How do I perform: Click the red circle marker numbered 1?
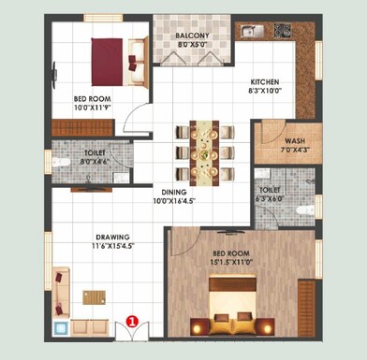tap(132, 320)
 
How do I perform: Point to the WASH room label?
tap(294, 142)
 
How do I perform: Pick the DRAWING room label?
tap(111, 237)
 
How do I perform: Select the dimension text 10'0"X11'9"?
tap(92, 106)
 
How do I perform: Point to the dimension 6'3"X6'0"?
tap(273, 198)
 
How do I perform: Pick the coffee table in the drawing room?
tap(94, 296)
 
